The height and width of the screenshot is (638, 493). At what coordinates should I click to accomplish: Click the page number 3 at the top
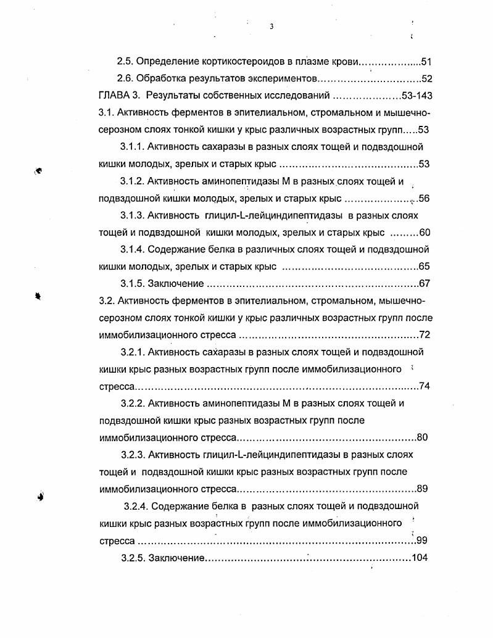[x=271, y=27]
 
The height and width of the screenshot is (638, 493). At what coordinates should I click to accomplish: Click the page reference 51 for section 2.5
[x=425, y=62]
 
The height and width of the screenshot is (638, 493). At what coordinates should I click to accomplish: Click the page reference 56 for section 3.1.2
[x=424, y=199]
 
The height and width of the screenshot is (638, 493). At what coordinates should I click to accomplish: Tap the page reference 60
[x=424, y=233]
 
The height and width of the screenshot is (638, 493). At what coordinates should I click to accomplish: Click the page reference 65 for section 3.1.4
[x=424, y=267]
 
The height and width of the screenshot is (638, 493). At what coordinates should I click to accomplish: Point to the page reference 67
[x=424, y=284]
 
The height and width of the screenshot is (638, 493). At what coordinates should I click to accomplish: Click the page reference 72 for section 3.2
[x=424, y=335]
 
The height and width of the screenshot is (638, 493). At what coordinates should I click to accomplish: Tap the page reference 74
[x=424, y=386]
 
